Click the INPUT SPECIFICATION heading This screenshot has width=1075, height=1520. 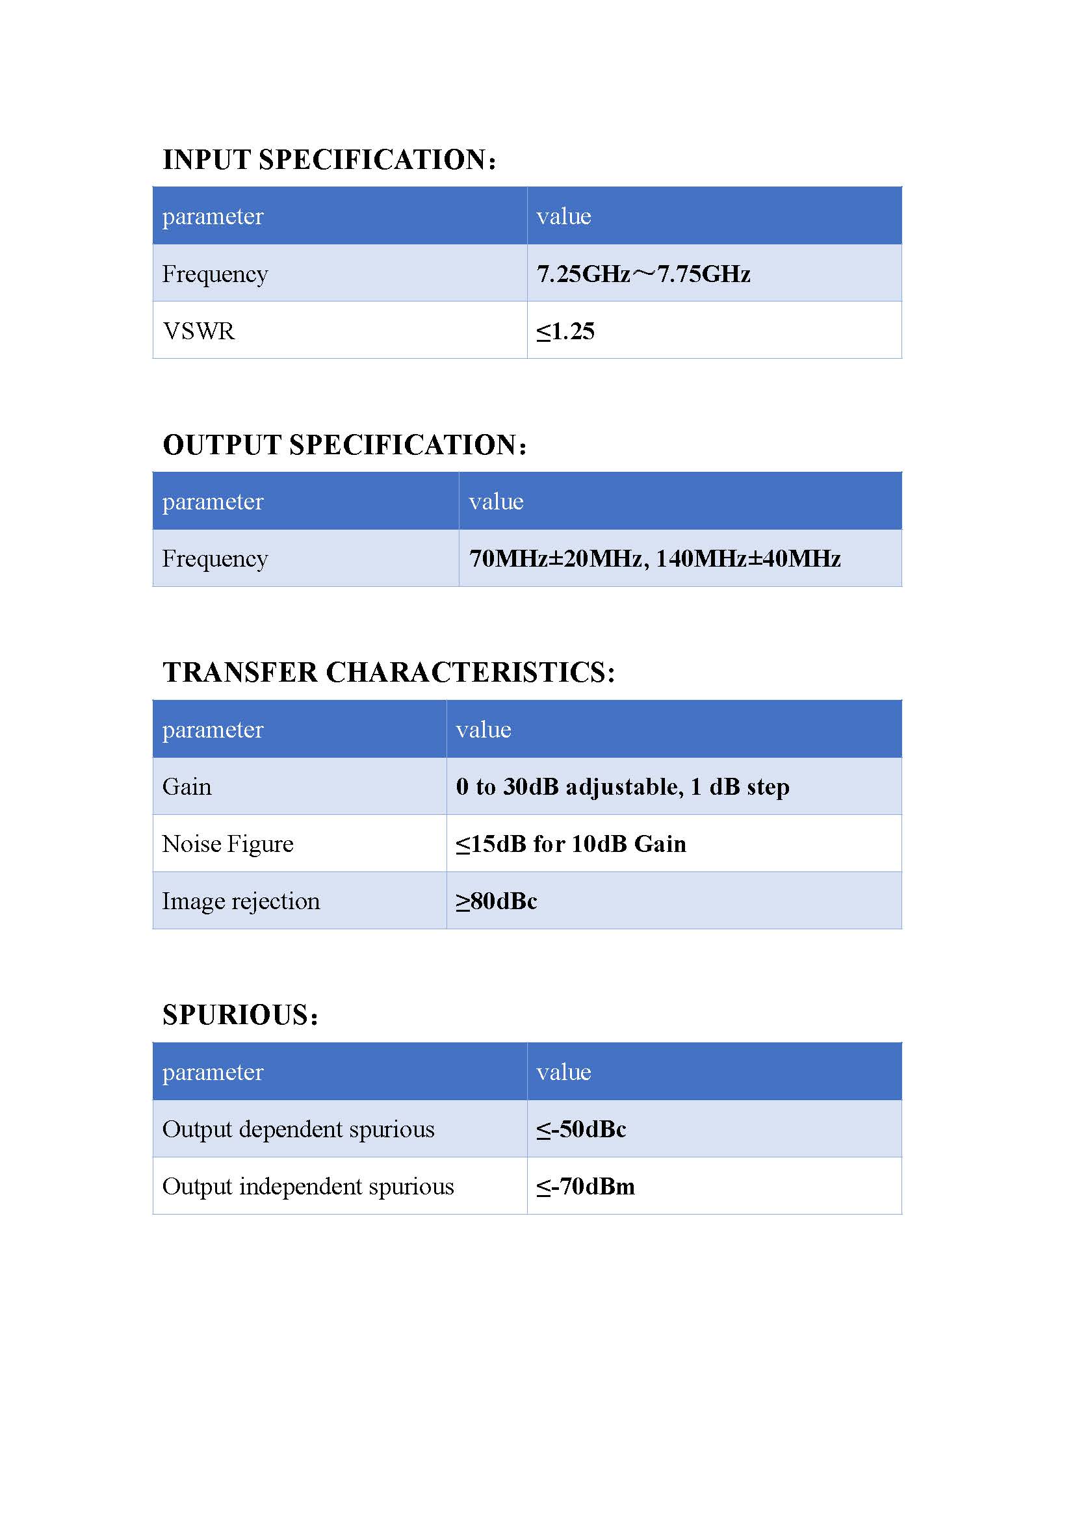click(x=329, y=160)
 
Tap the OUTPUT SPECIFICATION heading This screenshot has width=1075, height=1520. click(x=344, y=445)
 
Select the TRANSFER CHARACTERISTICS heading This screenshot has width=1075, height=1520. click(x=389, y=673)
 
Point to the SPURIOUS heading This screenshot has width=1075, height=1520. click(x=240, y=1015)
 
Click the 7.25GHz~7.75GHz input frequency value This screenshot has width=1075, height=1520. click(x=643, y=274)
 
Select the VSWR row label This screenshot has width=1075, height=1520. click(x=199, y=331)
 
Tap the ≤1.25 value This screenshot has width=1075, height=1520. click(x=565, y=331)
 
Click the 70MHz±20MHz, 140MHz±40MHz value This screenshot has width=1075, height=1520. click(x=654, y=559)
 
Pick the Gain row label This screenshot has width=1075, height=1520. click(x=187, y=786)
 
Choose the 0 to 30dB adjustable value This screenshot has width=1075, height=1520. click(x=622, y=786)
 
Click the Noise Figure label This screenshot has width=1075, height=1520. click(x=227, y=844)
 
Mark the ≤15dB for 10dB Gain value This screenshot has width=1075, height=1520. click(x=571, y=844)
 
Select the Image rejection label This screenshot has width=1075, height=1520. click(x=241, y=901)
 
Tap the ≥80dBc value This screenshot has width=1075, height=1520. click(x=497, y=901)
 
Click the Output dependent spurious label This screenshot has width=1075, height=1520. click(x=298, y=1129)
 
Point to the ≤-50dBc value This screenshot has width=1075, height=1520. click(x=581, y=1129)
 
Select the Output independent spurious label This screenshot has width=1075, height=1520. click(x=308, y=1187)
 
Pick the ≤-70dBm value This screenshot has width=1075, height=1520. click(x=585, y=1187)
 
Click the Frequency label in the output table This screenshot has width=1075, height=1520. click(x=215, y=559)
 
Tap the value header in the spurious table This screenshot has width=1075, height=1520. click(x=563, y=1072)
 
